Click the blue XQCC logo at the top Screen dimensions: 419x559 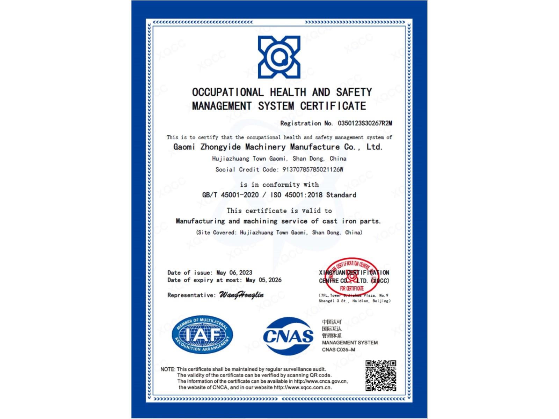pos(279,57)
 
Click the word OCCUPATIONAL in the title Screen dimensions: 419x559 pos(227,92)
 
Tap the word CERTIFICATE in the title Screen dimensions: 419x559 pos(333,106)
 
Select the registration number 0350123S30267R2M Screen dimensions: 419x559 pos(365,123)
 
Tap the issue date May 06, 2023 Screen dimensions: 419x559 pos(234,273)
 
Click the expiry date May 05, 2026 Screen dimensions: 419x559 pos(263,280)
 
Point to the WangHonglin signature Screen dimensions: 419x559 pos(241,295)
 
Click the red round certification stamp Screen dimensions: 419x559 pos(352,277)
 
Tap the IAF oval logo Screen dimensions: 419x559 pos(202,335)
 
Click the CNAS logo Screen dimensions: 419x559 pos(288,336)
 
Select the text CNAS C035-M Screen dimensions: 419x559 pos(338,350)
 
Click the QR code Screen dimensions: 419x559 pos(380,376)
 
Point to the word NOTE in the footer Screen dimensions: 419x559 pos(168,369)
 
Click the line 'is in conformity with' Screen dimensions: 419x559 pos(279,184)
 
